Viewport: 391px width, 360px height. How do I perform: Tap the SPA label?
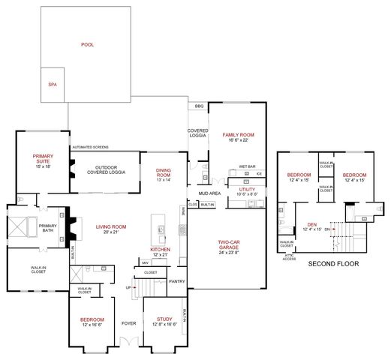pyautogui.click(x=52, y=85)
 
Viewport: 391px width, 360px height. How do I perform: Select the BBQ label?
pyautogui.click(x=198, y=106)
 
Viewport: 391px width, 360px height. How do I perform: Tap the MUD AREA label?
pyautogui.click(x=209, y=193)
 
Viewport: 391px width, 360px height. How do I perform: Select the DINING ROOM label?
pyautogui.click(x=164, y=173)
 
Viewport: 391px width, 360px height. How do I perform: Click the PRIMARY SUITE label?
pyautogui.click(x=42, y=160)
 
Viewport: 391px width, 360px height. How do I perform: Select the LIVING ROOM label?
pyautogui.click(x=110, y=229)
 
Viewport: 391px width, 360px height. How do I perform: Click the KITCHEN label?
pyautogui.click(x=161, y=251)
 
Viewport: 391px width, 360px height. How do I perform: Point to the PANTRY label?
pyautogui.click(x=176, y=281)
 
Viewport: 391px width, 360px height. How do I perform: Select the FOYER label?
pyautogui.click(x=128, y=324)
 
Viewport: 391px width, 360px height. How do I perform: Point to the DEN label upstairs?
pyautogui.click(x=311, y=224)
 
